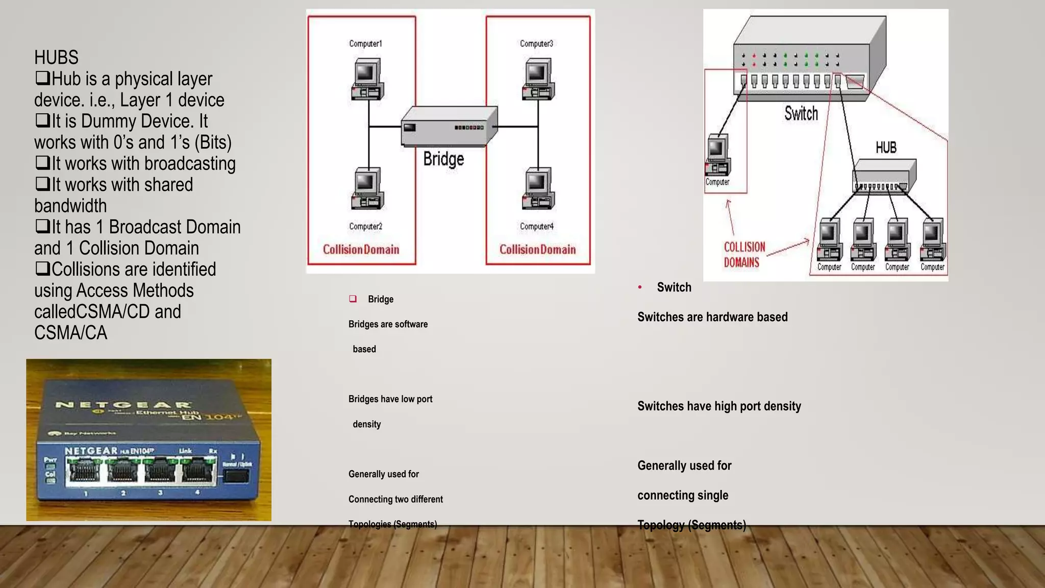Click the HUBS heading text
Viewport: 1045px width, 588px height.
coord(56,57)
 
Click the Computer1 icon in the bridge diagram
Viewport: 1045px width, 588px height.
coord(367,79)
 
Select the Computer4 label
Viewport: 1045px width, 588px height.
coord(536,226)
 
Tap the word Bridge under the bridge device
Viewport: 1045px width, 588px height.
coord(443,159)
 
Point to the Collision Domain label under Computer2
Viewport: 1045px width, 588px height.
coord(361,250)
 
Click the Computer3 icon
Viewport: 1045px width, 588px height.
coord(538,79)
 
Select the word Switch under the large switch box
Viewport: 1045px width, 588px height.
coord(801,113)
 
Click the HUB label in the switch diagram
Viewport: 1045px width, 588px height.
coord(886,148)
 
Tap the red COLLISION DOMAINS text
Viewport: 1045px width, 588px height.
coord(744,254)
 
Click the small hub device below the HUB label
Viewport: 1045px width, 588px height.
coord(884,176)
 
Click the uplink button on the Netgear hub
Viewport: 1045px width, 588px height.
coord(236,476)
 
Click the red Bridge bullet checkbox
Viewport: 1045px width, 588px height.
coord(353,299)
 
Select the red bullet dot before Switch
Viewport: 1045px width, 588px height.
coord(640,287)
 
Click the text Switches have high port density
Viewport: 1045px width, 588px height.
coord(719,406)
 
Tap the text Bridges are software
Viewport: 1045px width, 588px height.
coord(388,324)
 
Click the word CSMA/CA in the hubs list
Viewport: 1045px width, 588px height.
coord(70,333)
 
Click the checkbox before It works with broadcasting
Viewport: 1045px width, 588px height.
coord(42,163)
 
